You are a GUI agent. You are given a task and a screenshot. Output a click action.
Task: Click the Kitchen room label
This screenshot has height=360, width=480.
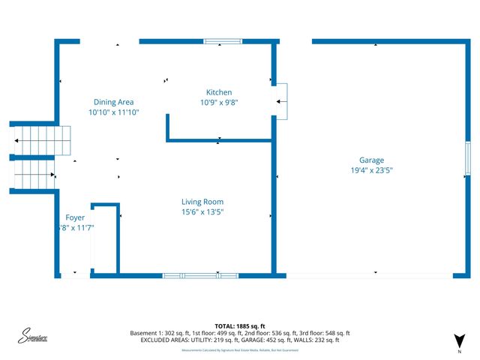point(219,92)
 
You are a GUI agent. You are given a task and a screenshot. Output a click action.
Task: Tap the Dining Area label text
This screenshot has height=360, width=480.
point(114,102)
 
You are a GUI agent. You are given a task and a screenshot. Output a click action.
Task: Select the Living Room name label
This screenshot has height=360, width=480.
point(202,202)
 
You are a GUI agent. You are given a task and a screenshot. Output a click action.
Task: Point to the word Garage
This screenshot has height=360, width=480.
point(371,160)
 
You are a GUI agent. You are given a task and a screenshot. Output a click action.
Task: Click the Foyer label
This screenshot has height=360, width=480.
point(75,217)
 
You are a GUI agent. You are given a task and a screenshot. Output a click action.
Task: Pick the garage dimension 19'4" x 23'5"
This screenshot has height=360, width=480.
point(371,171)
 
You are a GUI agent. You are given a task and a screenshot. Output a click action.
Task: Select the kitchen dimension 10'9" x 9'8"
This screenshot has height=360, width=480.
point(219,103)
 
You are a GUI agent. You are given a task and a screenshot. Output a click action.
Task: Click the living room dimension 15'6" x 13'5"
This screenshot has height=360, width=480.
point(202,212)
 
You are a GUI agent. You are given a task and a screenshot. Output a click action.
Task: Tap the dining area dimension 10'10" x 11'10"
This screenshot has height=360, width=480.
point(114,112)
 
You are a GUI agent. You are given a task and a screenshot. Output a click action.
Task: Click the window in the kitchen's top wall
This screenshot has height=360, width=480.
point(218,41)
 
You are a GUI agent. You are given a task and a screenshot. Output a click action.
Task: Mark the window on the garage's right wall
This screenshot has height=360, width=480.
point(466,158)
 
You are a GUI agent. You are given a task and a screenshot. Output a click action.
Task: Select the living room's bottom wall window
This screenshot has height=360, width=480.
point(200,275)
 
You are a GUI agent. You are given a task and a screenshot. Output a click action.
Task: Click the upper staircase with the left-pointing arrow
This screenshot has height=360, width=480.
point(41,140)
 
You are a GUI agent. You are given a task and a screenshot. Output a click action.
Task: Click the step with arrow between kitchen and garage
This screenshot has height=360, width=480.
point(281,100)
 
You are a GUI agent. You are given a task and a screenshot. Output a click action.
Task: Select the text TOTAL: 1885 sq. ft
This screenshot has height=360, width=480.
point(240,326)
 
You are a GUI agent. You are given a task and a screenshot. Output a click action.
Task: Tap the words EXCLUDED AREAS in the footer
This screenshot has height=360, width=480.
point(166,340)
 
